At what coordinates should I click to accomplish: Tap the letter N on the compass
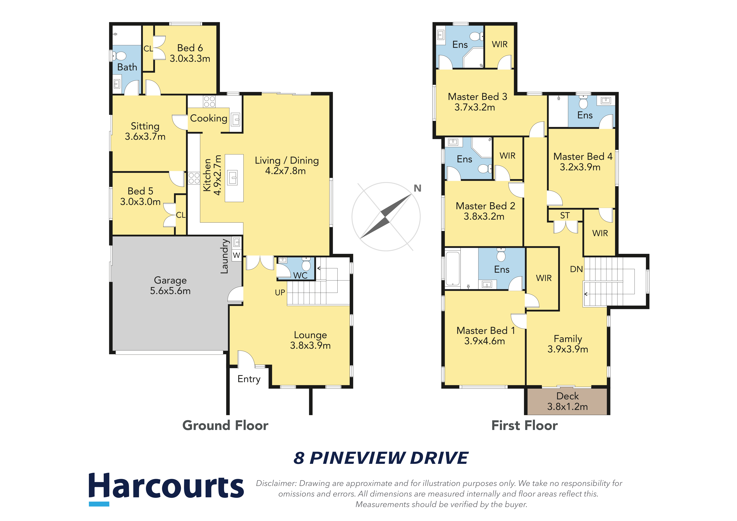(x=417, y=188)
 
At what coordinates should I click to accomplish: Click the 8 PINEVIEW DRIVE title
(x=381, y=458)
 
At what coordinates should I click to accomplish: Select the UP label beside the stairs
(x=280, y=293)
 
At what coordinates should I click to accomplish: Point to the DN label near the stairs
(x=576, y=269)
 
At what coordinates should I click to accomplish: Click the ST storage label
(x=565, y=216)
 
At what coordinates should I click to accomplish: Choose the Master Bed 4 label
(x=583, y=157)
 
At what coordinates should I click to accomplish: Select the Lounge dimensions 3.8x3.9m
(x=310, y=345)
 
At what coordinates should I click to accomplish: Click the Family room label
(x=568, y=339)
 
